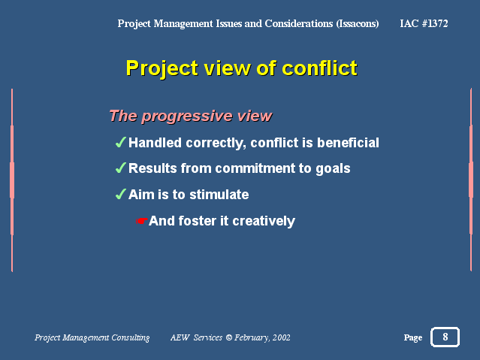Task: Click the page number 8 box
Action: [x=445, y=337]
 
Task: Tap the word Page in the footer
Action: [x=412, y=337]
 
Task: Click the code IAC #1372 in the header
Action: [x=424, y=23]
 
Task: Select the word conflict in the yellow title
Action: [x=319, y=68]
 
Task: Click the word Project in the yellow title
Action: [x=162, y=69]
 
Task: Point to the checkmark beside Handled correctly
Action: [x=121, y=142]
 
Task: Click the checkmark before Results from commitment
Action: [x=121, y=168]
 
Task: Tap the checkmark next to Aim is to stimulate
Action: [x=121, y=194]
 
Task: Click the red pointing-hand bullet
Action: [x=142, y=221]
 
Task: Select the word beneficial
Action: [x=348, y=143]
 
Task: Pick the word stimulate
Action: [x=219, y=195]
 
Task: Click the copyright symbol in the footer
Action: [x=229, y=337]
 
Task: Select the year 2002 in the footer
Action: [x=282, y=337]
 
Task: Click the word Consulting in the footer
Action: [x=131, y=338]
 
